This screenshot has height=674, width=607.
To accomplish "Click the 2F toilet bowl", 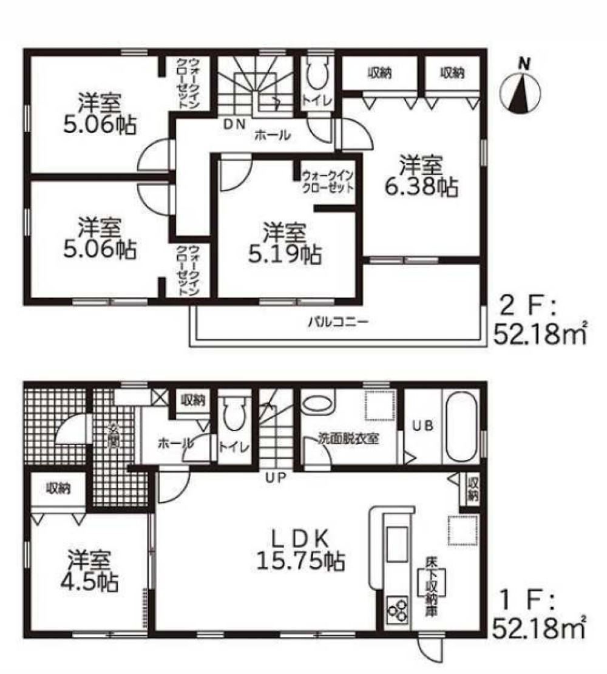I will coord(317,76).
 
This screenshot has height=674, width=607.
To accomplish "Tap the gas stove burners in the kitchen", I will coord(398,610).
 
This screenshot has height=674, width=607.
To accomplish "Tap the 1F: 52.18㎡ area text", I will coord(540,613).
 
